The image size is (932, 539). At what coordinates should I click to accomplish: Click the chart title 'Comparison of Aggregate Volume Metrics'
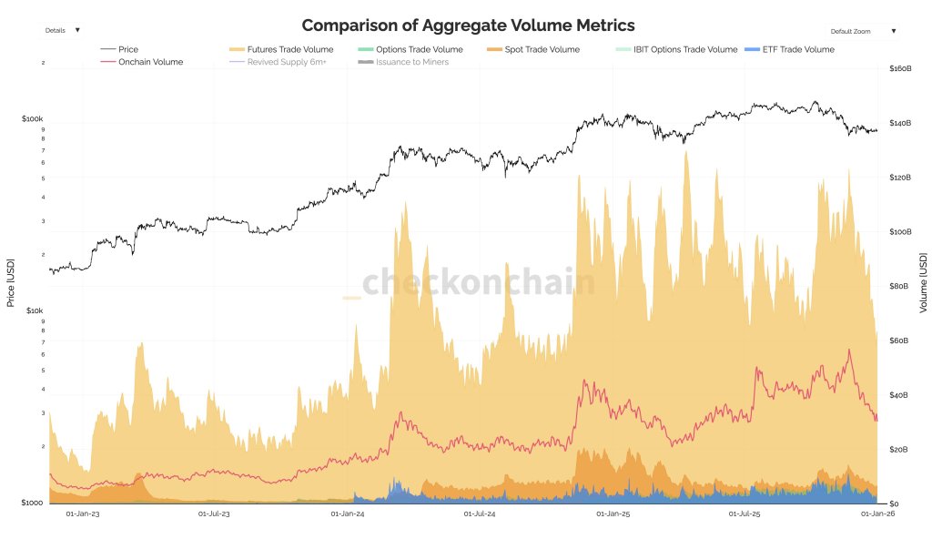click(468, 25)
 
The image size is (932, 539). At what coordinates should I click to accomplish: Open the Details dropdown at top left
click(61, 30)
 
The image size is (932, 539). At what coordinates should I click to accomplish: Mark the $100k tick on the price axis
click(33, 119)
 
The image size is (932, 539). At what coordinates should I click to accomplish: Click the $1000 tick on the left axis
click(32, 503)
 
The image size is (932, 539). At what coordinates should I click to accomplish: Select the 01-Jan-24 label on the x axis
click(348, 514)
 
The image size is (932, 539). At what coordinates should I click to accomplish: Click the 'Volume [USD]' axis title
click(923, 283)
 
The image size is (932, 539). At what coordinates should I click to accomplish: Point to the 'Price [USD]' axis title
click(11, 283)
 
